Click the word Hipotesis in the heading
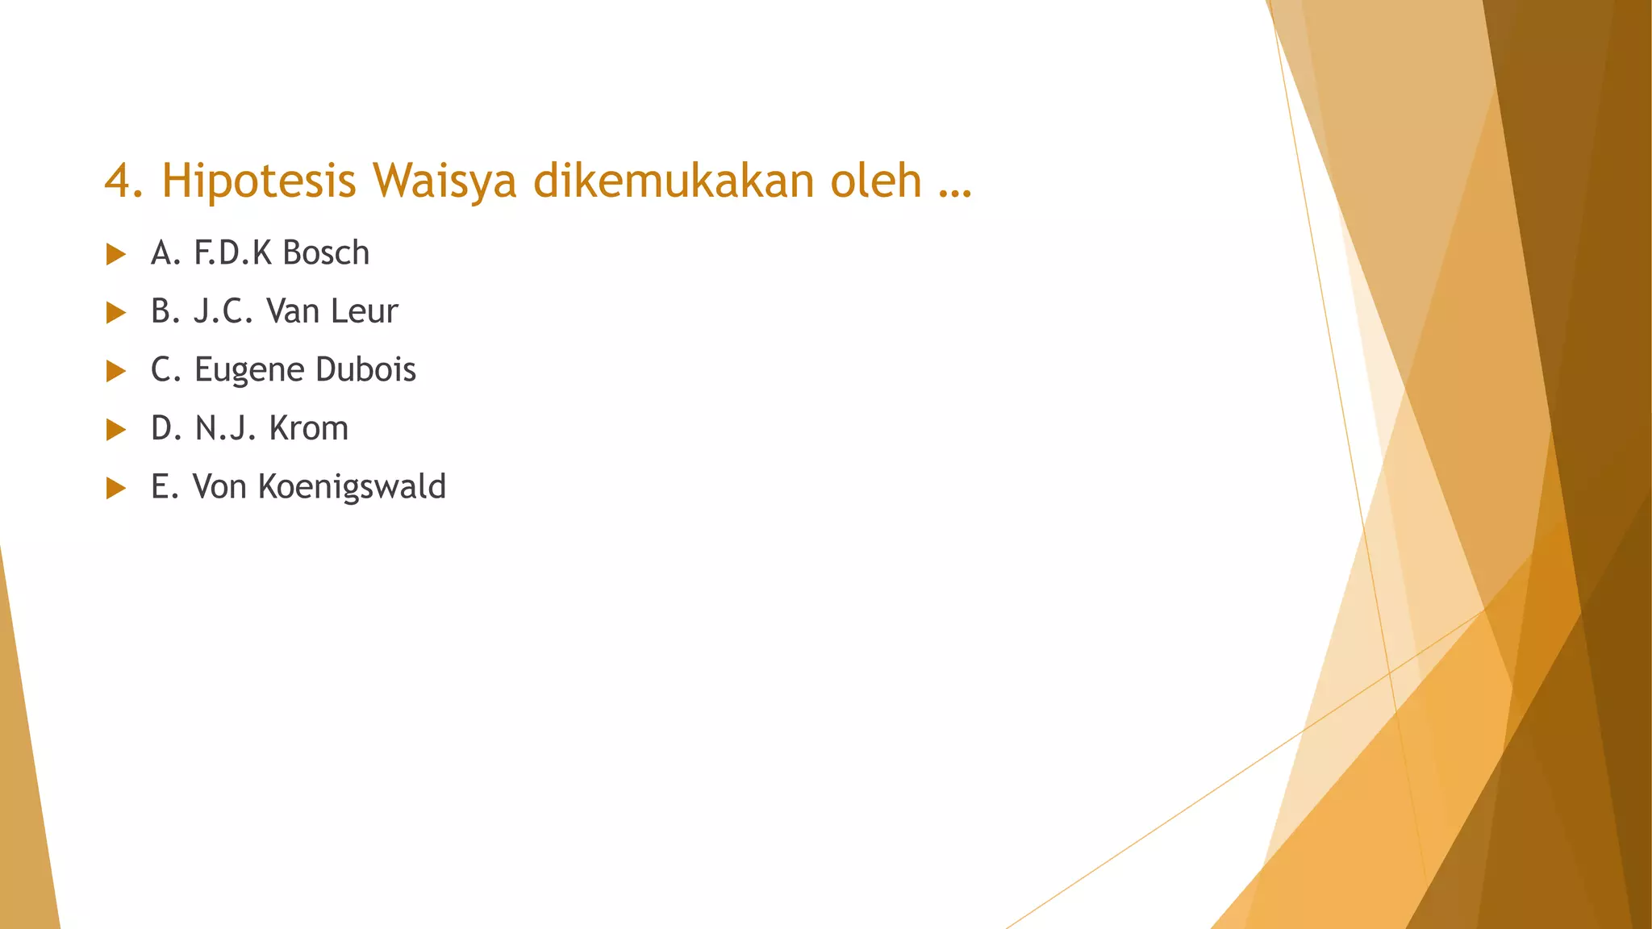258,181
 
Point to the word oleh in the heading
876,179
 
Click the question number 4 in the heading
118,181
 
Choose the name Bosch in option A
326,253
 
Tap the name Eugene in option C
249,370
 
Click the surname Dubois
365,369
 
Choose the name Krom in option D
308,428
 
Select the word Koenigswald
352,487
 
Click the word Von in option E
219,487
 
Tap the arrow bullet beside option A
116,255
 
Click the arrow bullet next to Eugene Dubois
116,371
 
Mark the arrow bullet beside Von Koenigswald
116,488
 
